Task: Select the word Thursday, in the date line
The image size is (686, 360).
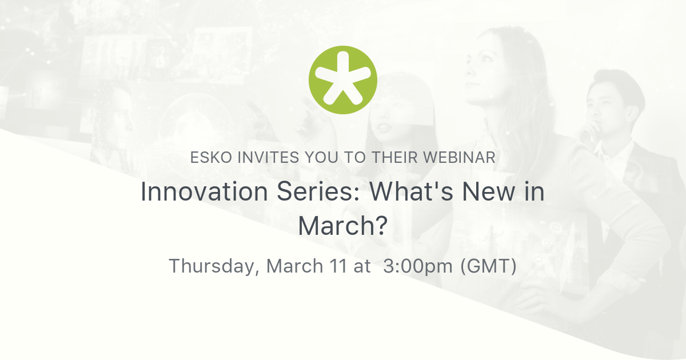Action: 214,266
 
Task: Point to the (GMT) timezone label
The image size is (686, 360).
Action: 489,266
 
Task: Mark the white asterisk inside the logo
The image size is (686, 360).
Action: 343,80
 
